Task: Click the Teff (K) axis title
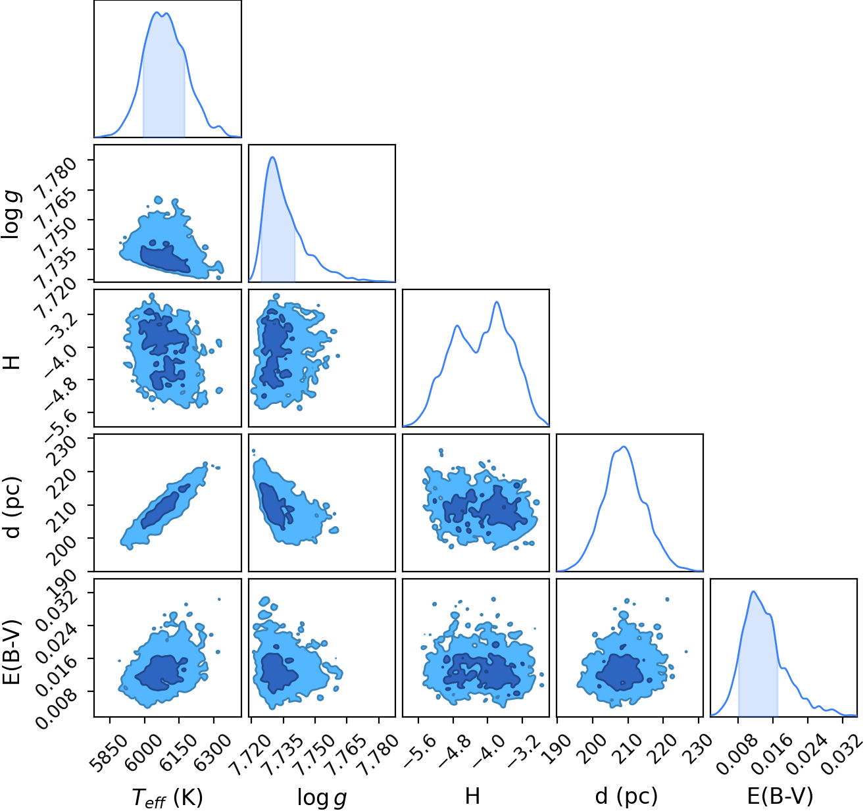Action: pos(167,797)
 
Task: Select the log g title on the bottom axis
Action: pos(322,797)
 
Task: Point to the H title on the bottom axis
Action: pos(472,796)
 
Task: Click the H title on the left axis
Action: pos(11,362)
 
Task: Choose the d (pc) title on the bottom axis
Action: pos(626,797)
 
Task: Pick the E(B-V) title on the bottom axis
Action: pos(780,797)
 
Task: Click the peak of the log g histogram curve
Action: pos(272,157)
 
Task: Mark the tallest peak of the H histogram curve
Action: pos(497,302)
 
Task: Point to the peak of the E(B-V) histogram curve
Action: pos(753,591)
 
